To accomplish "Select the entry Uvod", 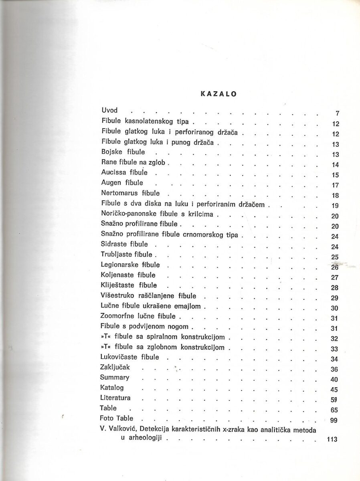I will pos(109,110).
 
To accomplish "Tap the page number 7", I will pos(337,113).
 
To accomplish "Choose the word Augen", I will pos(111,183).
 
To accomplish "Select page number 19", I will pos(336,206).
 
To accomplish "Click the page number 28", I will pos(336,288).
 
